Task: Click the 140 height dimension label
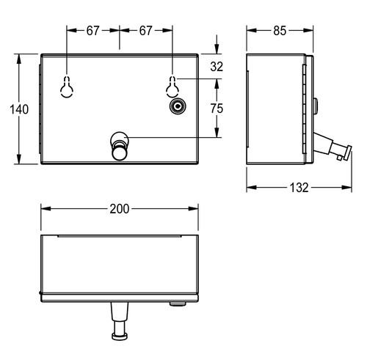pos(19,109)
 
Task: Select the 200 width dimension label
pos(120,209)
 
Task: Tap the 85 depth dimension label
pos(280,31)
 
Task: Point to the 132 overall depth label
pos(299,188)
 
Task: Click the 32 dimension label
pos(217,67)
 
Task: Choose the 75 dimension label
pos(217,109)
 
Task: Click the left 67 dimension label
pos(92,31)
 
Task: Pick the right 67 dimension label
pos(146,31)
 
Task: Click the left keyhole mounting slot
pos(67,87)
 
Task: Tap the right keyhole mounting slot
pos(172,87)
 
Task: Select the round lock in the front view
pos(178,106)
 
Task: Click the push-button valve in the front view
pos(120,146)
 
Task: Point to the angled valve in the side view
pos(333,147)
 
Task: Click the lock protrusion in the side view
pos(316,106)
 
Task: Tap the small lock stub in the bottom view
pos(178,304)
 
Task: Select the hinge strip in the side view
pos(304,109)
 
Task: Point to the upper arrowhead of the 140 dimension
pos(19,59)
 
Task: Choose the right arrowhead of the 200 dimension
pos(193,209)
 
